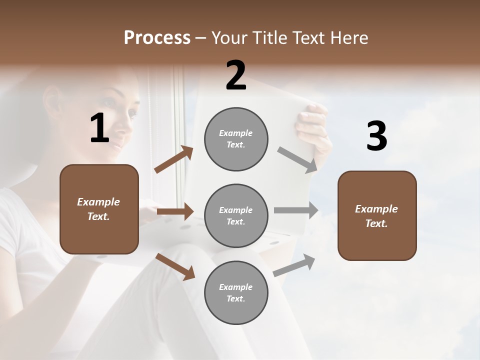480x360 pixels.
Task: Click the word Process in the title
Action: (157, 37)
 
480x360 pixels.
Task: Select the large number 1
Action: (99, 129)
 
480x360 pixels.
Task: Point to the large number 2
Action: (236, 76)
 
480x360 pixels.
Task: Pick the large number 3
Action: (376, 136)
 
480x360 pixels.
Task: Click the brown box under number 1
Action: (99, 209)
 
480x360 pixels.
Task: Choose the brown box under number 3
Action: (377, 216)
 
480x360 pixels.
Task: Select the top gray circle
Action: (236, 139)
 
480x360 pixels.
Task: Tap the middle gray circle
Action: (236, 216)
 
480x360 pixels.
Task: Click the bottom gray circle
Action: (236, 293)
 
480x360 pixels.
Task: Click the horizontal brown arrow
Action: (175, 211)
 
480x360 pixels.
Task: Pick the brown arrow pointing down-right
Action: (175, 266)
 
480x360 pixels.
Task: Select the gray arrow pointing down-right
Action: (297, 159)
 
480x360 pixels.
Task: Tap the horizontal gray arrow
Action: (296, 210)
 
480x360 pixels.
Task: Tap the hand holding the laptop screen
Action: (312, 125)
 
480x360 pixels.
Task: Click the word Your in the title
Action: (229, 37)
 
